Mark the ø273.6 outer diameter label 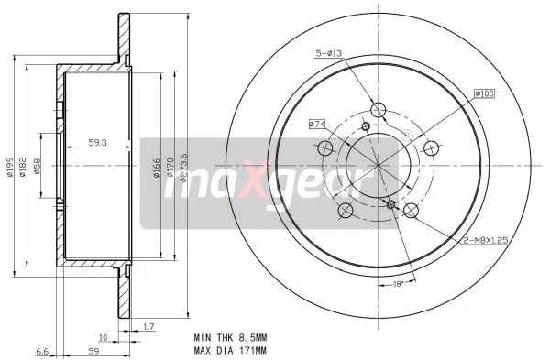(x=185, y=167)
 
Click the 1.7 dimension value (x=148, y=325)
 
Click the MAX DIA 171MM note (x=231, y=350)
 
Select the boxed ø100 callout (x=484, y=93)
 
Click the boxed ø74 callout (x=318, y=123)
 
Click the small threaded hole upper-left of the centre (x=366, y=126)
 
